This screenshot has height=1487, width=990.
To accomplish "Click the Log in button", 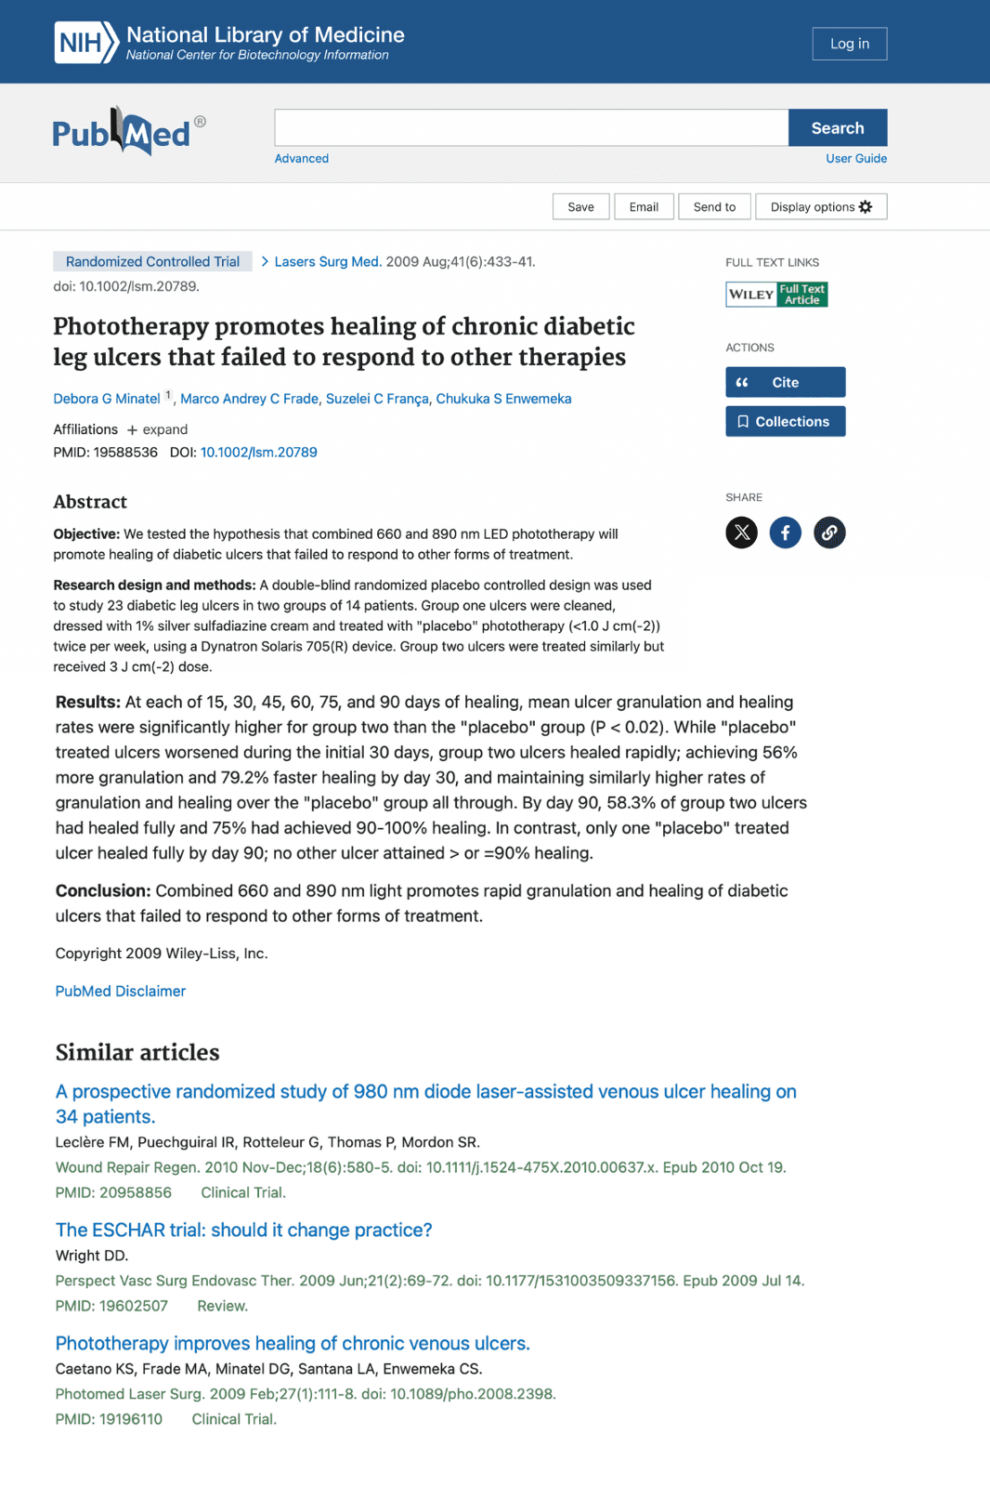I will [849, 44].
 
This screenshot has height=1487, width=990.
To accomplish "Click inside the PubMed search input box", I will [531, 128].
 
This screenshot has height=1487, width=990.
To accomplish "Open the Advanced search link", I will [301, 159].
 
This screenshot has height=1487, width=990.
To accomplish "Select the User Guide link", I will [855, 159].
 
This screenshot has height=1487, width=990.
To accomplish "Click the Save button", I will [580, 207].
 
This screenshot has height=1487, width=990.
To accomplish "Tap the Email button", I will [644, 207].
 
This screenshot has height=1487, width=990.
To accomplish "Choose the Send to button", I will [714, 207].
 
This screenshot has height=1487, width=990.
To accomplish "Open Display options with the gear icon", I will [821, 207].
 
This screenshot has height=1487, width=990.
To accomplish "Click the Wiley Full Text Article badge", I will [776, 295].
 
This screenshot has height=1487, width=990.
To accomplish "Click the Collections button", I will [785, 422].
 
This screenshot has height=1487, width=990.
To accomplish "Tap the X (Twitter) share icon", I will [741, 533].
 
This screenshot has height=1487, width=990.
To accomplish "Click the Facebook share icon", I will [785, 533].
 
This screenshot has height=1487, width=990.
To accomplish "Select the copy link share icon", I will [829, 533].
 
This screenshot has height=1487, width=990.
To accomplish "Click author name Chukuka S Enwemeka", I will [503, 399].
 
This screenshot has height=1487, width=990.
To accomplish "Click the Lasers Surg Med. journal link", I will [327, 262].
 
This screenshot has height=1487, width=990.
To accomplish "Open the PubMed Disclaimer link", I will [121, 992].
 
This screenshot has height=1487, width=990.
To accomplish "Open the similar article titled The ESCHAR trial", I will [243, 1230].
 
